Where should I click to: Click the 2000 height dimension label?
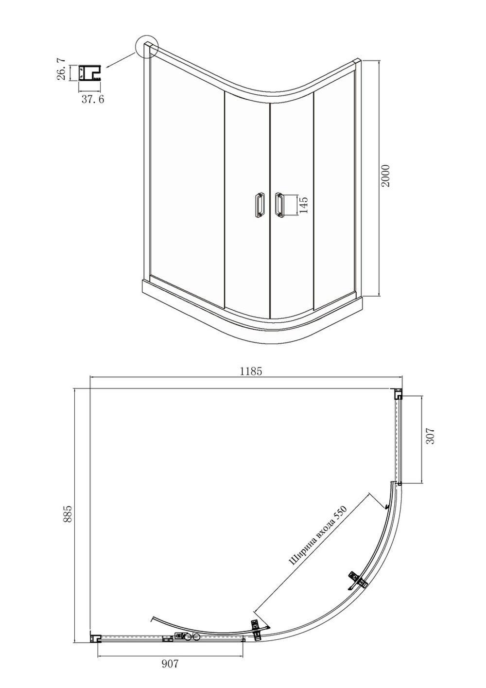(x=385, y=176)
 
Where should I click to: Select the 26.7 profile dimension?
(x=61, y=70)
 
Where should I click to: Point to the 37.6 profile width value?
(x=93, y=99)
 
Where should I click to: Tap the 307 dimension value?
(x=431, y=436)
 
